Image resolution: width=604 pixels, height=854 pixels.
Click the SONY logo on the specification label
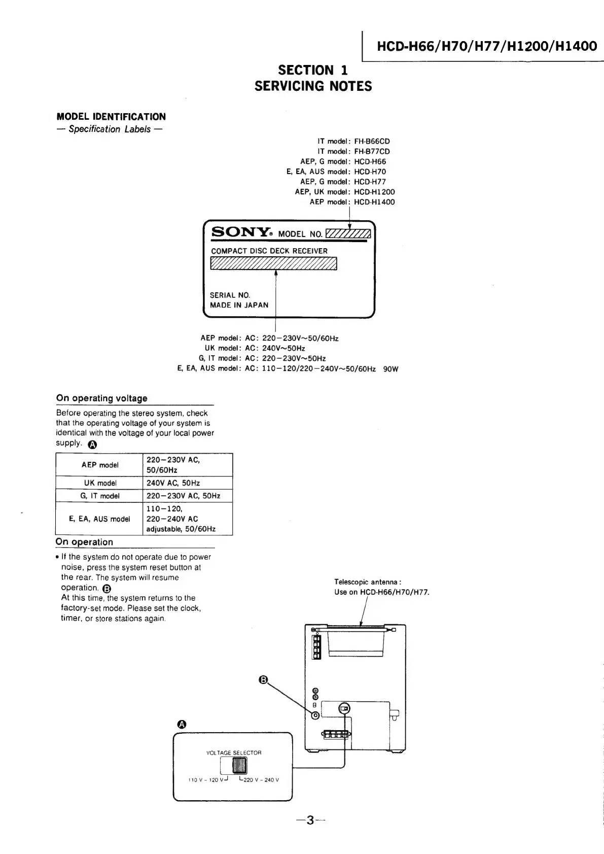point(241,232)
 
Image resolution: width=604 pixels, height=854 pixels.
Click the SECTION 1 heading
point(313,70)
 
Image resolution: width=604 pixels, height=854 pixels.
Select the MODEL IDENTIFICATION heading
point(111,117)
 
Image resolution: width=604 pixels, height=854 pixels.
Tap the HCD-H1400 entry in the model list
point(374,202)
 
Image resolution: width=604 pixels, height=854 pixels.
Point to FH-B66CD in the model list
point(372,142)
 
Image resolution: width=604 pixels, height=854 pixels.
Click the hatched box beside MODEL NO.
point(348,233)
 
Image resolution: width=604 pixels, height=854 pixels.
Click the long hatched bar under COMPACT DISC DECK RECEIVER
point(273,263)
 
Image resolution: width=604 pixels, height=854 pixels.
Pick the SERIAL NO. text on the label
point(230,295)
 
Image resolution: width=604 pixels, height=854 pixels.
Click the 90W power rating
point(390,369)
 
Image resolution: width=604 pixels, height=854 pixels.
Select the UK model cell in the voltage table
point(100,483)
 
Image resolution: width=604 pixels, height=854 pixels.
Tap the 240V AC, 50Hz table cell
point(173,483)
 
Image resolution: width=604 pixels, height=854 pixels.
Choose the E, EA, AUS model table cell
point(99,519)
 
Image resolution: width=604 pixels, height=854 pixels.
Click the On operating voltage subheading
point(102,398)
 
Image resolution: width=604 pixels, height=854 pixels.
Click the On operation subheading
point(84,542)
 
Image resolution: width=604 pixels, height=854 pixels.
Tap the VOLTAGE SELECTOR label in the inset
point(234,753)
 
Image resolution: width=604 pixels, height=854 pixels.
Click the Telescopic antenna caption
point(368,582)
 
